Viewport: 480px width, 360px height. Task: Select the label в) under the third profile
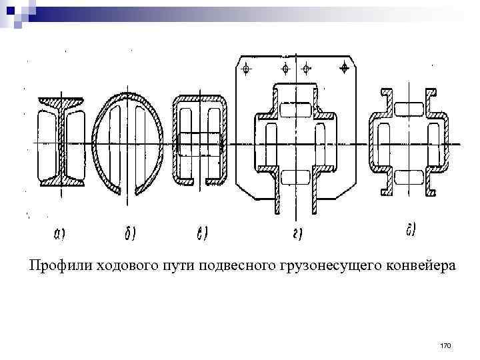(x=203, y=233)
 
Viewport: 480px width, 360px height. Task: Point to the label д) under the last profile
(x=411, y=231)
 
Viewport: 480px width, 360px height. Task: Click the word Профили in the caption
(x=57, y=266)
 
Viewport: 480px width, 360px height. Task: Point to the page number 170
(x=446, y=345)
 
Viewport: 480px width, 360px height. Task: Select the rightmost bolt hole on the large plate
(x=344, y=67)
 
